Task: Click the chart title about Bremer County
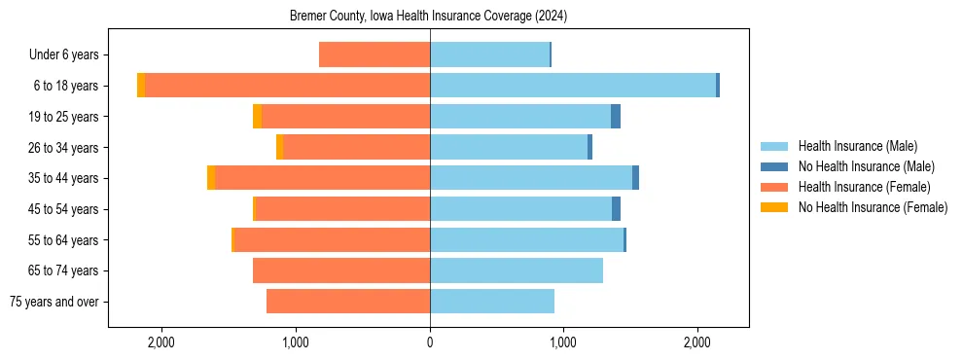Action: tap(429, 17)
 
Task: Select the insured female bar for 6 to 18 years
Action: tap(287, 86)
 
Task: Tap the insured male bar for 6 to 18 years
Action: tap(573, 86)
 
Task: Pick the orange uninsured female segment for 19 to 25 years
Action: tap(257, 117)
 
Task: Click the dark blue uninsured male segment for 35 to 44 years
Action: tap(635, 178)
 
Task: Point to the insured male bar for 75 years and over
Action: tap(492, 302)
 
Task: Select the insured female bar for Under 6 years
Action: tap(374, 55)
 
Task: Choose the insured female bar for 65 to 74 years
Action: tap(341, 270)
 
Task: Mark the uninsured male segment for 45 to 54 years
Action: tap(616, 209)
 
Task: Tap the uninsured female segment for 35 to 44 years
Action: tap(211, 178)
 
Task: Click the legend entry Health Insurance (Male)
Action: tap(857, 146)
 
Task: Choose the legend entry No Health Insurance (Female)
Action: tap(873, 207)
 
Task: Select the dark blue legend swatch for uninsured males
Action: tap(774, 166)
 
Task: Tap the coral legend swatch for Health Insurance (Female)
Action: tap(774, 187)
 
